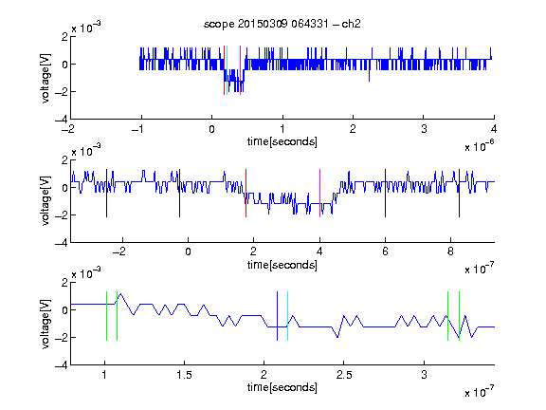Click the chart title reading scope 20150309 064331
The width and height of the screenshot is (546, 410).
coord(265,24)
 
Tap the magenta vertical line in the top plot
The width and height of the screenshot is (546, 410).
coord(240,70)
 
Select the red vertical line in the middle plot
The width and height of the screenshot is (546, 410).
coord(246,194)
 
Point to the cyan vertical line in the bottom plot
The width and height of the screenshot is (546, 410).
coord(287,316)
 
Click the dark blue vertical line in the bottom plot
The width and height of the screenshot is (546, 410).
coord(277,316)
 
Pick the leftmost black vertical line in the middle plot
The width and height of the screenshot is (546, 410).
coord(106,194)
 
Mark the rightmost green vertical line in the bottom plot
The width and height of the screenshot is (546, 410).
coord(460,316)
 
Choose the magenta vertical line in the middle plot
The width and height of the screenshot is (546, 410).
coord(320,194)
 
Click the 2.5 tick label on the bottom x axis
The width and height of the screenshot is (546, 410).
coord(344,375)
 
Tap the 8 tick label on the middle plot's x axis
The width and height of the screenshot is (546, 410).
coord(450,252)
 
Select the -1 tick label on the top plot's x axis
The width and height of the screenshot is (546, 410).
coord(137,129)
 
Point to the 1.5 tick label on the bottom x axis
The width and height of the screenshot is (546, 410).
coord(184,375)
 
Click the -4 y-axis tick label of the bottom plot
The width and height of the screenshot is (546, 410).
coord(62,365)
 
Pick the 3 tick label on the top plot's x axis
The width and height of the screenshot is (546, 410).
coord(424,129)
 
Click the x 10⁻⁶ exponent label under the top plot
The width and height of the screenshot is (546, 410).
coord(479,146)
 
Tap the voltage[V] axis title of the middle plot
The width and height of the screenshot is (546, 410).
coord(45,201)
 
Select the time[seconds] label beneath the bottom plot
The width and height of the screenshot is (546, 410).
coord(282,387)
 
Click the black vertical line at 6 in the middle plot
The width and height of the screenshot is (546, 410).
coord(385,194)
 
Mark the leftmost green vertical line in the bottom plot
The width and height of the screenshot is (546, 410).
coord(106,316)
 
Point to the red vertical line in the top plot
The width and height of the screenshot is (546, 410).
coord(225,70)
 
